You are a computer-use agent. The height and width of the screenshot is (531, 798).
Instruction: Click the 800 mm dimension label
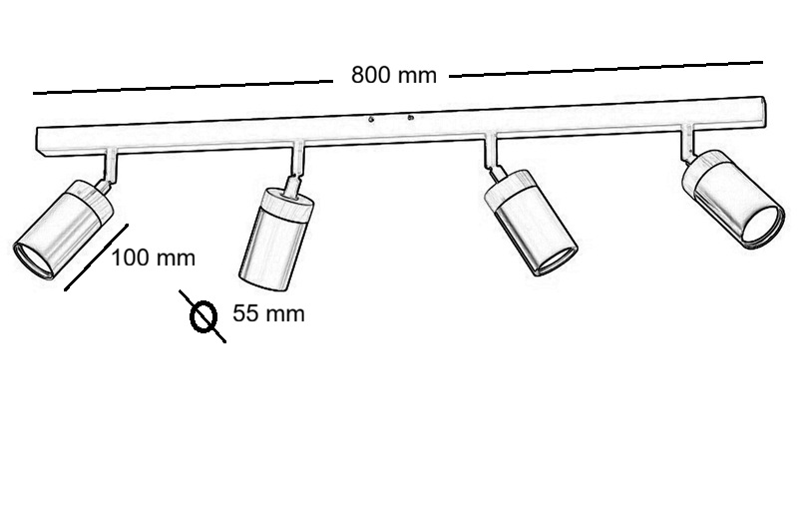394,75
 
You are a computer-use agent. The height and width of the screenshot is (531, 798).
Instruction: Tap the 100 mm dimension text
154,258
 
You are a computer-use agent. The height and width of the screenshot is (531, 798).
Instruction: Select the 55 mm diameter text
268,313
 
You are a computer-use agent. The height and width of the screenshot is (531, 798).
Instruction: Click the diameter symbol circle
203,316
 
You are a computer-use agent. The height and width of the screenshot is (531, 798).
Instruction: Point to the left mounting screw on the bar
371,120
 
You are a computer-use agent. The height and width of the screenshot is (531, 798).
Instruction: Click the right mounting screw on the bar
410,118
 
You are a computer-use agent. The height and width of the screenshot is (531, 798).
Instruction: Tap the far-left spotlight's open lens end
33,260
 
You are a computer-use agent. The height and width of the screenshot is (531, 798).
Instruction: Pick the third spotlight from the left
531,223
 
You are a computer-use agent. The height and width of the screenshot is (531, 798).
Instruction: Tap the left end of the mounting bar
40,140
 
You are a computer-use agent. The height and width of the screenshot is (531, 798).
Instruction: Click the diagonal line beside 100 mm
96,258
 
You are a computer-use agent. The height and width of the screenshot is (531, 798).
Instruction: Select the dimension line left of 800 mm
184,87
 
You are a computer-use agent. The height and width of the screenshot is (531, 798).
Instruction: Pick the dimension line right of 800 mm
606,69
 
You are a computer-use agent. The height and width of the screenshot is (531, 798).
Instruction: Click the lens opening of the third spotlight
557,261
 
